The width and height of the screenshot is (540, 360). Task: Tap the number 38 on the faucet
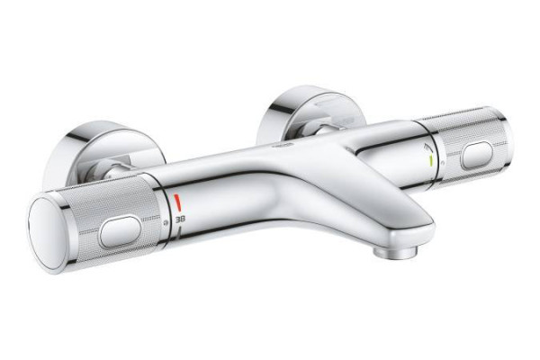(x=180, y=219)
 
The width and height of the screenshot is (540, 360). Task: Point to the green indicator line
(x=431, y=162)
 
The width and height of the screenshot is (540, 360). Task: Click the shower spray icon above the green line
(x=428, y=147)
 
